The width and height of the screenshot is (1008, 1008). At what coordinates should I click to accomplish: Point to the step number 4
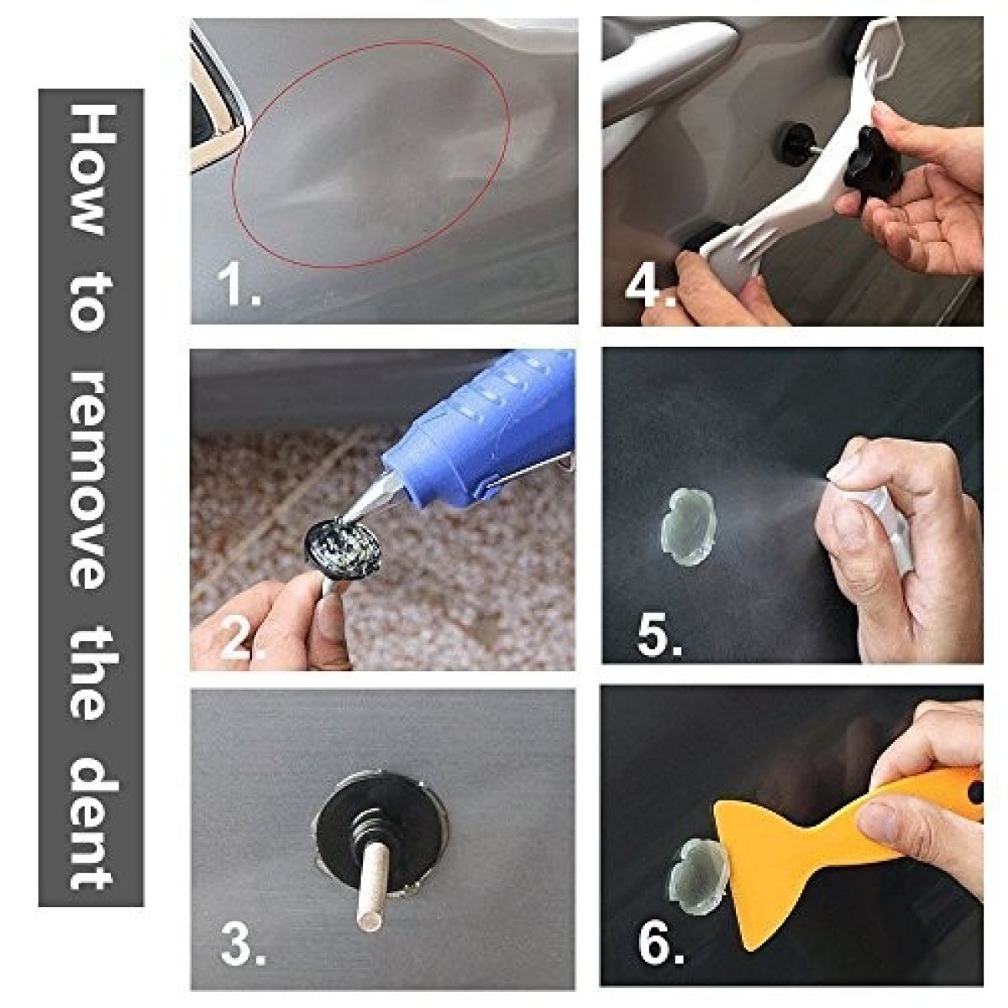(x=650, y=285)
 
